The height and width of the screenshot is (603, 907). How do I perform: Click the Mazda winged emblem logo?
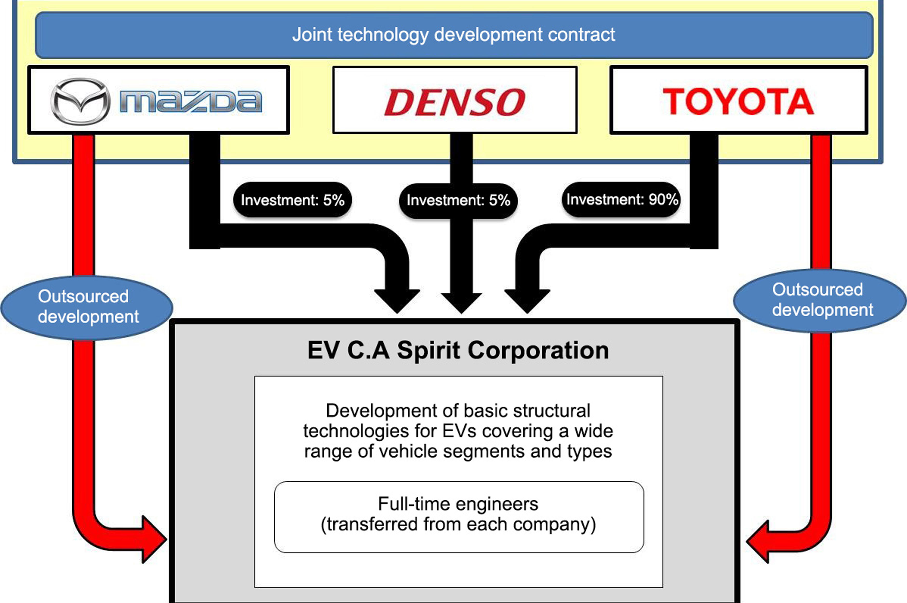80,101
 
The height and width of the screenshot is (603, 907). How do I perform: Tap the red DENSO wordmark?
455,102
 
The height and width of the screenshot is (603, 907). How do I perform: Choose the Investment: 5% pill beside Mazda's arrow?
292,200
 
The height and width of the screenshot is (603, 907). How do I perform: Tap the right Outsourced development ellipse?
820,300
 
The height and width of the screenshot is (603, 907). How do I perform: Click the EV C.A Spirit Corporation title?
458,350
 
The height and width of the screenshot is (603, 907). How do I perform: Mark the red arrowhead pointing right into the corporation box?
154,539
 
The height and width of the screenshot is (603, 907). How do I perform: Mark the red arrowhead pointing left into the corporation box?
759,541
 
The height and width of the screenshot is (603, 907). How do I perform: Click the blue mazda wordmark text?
191,101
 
